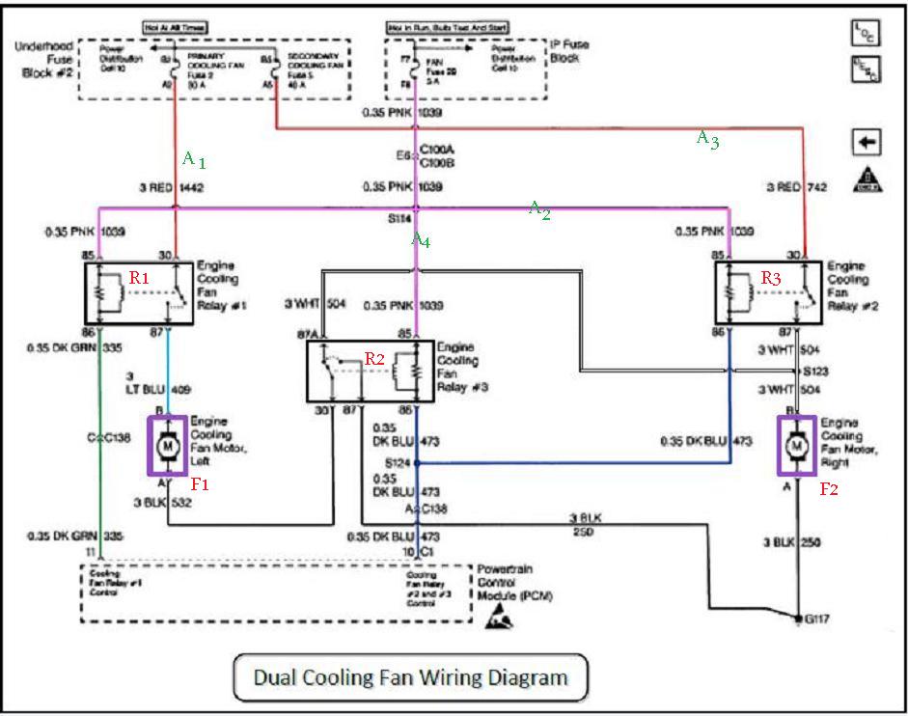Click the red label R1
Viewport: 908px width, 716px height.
pos(140,278)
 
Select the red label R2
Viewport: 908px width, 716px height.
pos(374,359)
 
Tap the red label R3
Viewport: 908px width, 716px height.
pos(770,278)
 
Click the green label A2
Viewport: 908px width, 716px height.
pos(538,209)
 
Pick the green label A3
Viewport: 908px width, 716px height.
pos(707,139)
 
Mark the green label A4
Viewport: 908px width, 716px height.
pos(422,240)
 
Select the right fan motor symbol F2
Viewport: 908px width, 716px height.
pos(796,445)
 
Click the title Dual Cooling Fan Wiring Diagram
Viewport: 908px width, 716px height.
pos(410,676)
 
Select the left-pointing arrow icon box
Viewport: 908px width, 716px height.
pos(866,142)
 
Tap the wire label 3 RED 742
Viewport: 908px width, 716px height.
pos(797,187)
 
